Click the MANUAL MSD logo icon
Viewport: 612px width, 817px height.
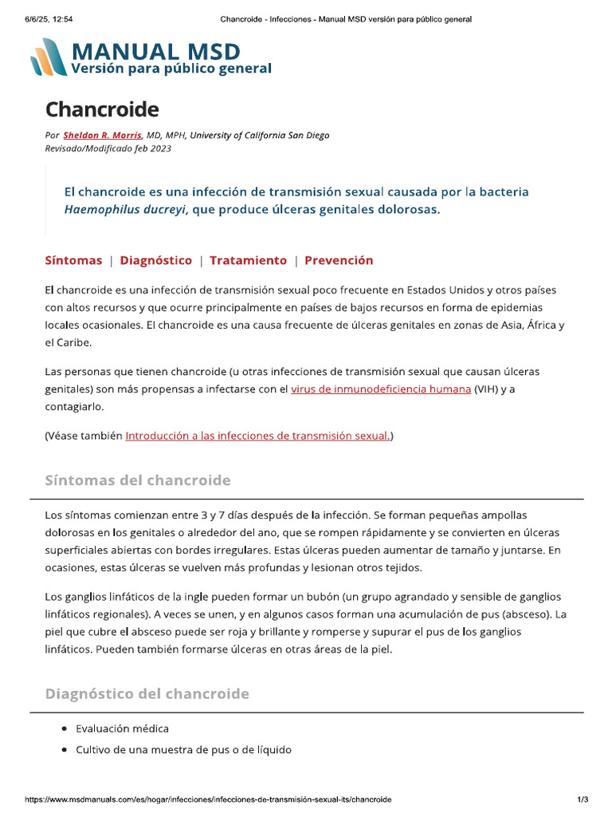pyautogui.click(x=49, y=57)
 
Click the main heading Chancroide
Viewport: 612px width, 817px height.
pyautogui.click(x=102, y=109)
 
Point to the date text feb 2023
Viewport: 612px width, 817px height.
pyautogui.click(x=155, y=148)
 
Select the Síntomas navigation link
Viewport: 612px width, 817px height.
pyautogui.click(x=73, y=260)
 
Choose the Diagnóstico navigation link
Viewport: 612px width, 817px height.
pyautogui.click(x=155, y=260)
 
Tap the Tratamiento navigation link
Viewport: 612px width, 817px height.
pyautogui.click(x=248, y=260)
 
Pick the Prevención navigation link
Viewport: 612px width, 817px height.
pyautogui.click(x=339, y=260)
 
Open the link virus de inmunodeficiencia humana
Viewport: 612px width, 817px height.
pyautogui.click(x=381, y=389)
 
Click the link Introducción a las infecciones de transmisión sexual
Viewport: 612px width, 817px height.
pyautogui.click(x=257, y=436)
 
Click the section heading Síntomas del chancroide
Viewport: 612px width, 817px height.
pyautogui.click(x=138, y=480)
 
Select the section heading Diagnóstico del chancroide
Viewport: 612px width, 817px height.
pyautogui.click(x=147, y=693)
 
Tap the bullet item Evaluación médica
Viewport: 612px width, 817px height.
pyautogui.click(x=122, y=728)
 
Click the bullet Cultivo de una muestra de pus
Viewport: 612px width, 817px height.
pyautogui.click(x=183, y=749)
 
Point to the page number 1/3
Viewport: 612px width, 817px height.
pyautogui.click(x=583, y=799)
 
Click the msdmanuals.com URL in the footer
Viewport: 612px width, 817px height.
pyautogui.click(x=208, y=799)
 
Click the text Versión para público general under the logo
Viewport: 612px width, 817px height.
pyautogui.click(x=171, y=69)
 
